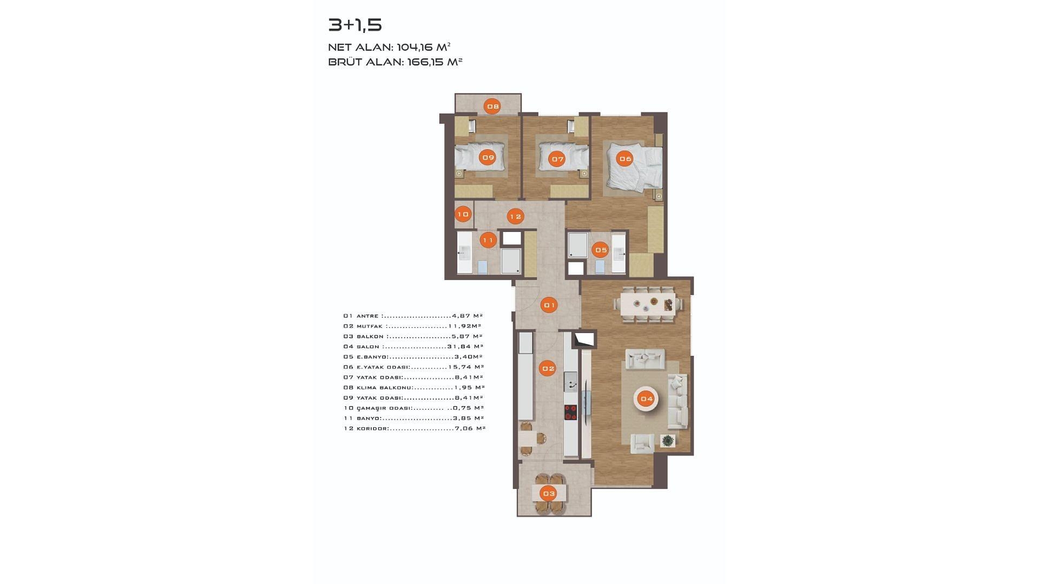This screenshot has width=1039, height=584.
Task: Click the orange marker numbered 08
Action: pos(492,107)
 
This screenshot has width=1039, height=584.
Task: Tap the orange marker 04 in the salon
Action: pos(647,399)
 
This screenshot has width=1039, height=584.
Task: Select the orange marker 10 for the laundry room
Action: pos(463,215)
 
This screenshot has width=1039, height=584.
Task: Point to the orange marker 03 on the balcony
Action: pos(549,493)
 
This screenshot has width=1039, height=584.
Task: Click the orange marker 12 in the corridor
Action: pos(515,216)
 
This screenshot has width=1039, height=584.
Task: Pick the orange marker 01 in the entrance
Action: pos(549,306)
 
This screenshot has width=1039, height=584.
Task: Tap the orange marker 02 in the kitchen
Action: pos(548,369)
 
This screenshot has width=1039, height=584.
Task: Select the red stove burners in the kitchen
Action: pos(570,413)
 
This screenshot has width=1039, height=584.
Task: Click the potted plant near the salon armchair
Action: pos(668,441)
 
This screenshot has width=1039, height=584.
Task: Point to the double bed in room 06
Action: pos(634,167)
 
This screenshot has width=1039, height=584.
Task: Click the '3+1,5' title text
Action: pos(355,25)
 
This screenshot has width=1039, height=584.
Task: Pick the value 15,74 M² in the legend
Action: pos(466,367)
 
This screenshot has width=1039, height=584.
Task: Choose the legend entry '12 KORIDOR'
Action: pos(366,429)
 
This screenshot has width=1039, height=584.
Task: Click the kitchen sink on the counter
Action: pos(570,382)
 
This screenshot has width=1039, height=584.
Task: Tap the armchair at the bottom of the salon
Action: pos(642,443)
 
